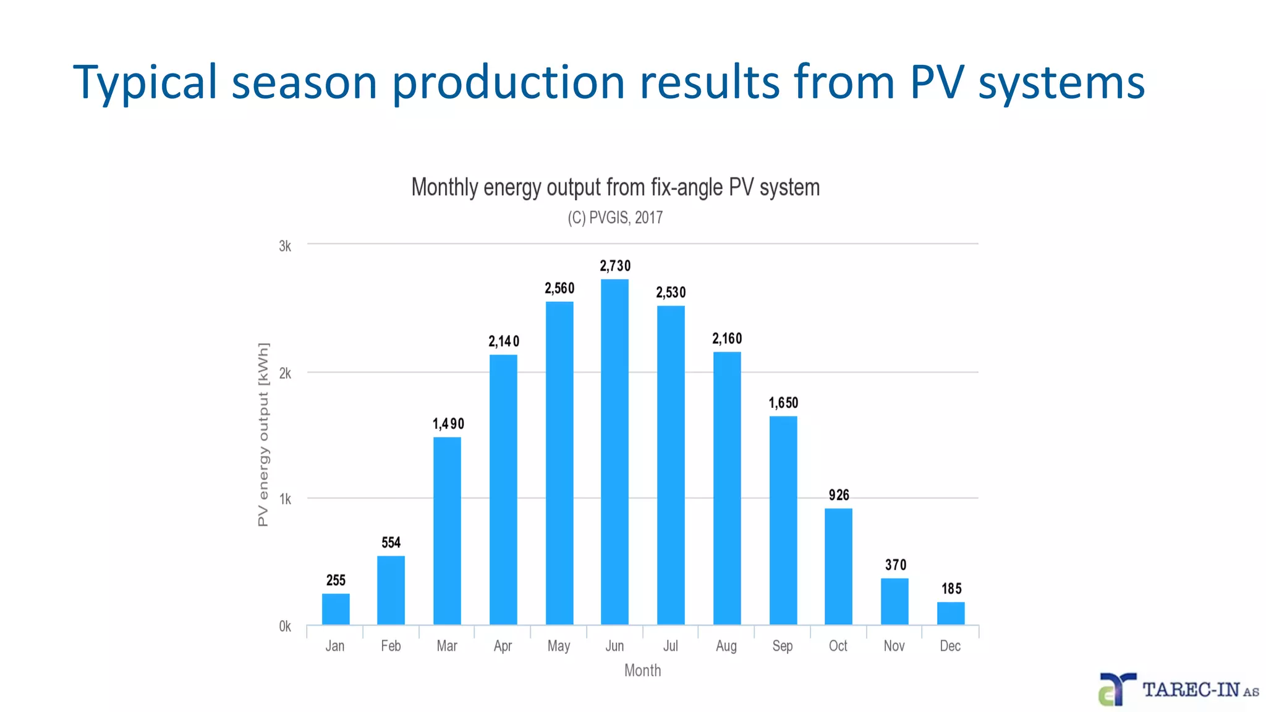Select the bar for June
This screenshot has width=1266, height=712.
(x=614, y=451)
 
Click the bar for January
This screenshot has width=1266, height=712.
(x=336, y=609)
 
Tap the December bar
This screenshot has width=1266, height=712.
(x=950, y=613)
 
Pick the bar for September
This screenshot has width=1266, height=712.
(x=783, y=520)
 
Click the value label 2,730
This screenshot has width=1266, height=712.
(x=615, y=266)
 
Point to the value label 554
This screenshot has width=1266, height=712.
(x=391, y=543)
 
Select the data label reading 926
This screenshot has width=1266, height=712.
(x=839, y=495)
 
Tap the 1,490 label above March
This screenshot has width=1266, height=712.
(x=448, y=424)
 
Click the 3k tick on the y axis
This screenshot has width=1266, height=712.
(x=285, y=246)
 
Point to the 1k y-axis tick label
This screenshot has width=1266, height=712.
(x=285, y=499)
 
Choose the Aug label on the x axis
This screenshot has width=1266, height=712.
(x=726, y=646)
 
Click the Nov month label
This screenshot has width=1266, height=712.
(x=894, y=646)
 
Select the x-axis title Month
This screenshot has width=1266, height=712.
(x=642, y=671)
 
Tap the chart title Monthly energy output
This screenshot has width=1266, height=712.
(x=615, y=187)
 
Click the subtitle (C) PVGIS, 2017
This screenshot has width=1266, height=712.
(x=615, y=218)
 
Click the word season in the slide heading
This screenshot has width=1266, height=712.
(x=304, y=82)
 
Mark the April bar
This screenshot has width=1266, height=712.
(x=503, y=489)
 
